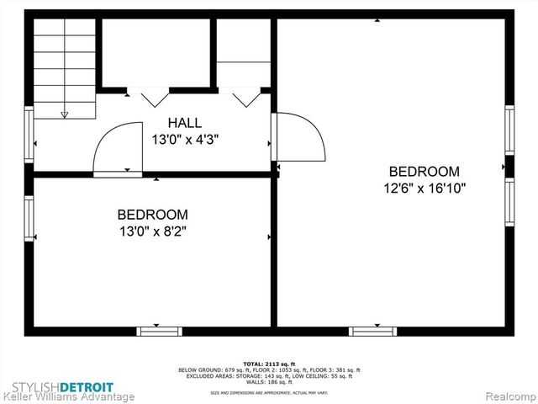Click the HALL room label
(184, 122)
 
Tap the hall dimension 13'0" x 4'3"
(184, 140)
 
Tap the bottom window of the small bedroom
(160, 331)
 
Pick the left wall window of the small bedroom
(29, 216)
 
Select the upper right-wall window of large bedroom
(509, 130)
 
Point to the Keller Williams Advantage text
(69, 396)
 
